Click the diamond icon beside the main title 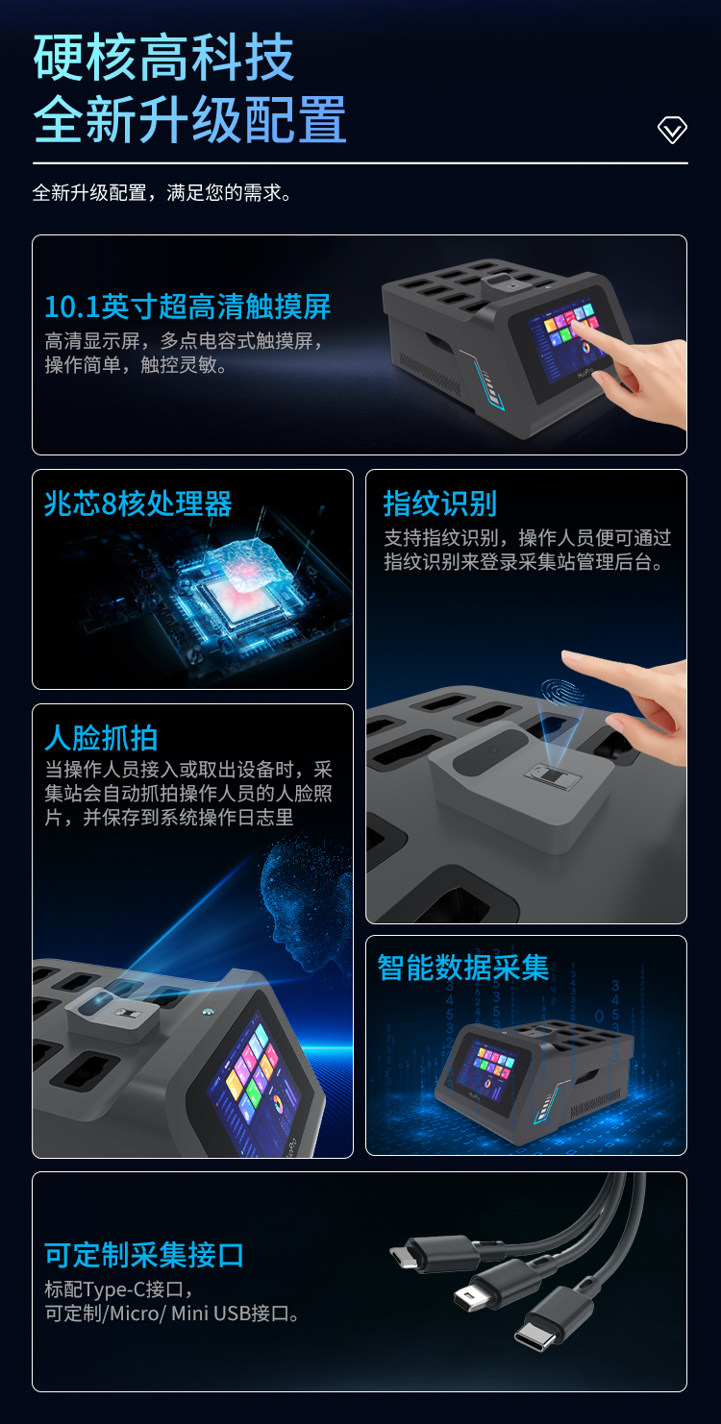(672, 130)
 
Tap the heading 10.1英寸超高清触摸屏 (187, 307)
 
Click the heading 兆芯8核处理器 (138, 504)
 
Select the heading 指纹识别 (439, 503)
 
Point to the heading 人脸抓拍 (101, 738)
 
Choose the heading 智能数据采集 (462, 968)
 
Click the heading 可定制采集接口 (144, 1255)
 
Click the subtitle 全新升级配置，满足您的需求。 (162, 192)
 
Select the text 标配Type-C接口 (119, 1289)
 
